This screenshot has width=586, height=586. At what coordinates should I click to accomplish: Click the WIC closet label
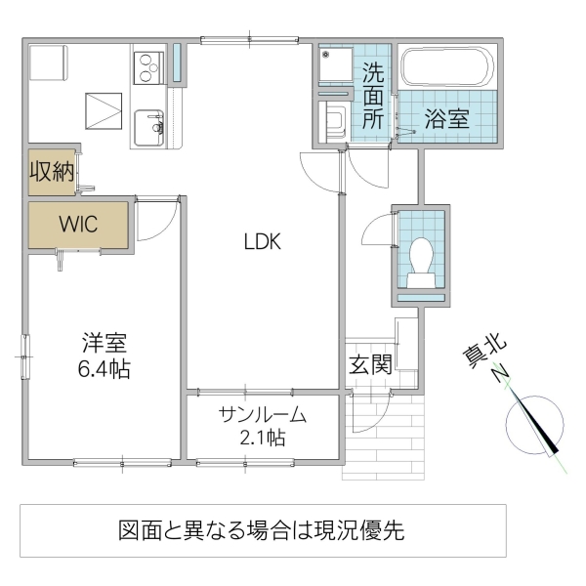tap(77, 225)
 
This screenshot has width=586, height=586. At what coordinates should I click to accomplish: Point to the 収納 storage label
tap(52, 173)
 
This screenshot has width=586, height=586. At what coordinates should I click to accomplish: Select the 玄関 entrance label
tap(371, 365)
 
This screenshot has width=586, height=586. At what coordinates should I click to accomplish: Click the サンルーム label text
tap(263, 414)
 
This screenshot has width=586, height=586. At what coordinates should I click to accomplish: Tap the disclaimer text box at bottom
tap(263, 530)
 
